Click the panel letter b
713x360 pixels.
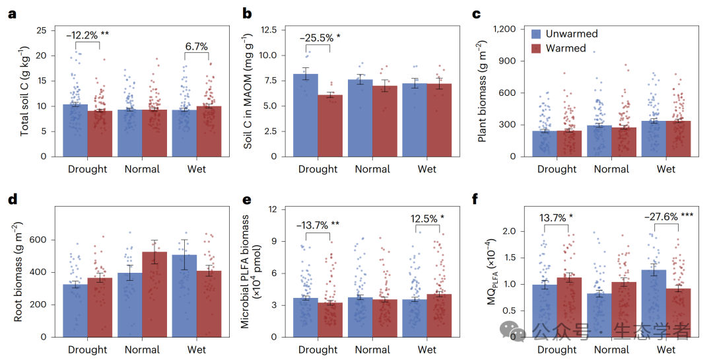(248, 13)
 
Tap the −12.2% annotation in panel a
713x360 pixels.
(87, 34)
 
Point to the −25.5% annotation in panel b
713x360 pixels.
(320, 38)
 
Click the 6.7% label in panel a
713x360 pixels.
(196, 46)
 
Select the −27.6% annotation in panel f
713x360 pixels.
(667, 215)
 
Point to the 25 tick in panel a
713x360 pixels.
(41, 30)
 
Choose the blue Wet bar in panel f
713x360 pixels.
(653, 303)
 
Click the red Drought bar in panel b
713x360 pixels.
(331, 126)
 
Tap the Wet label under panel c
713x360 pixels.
(666, 169)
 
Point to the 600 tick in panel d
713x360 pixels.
(36, 240)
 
